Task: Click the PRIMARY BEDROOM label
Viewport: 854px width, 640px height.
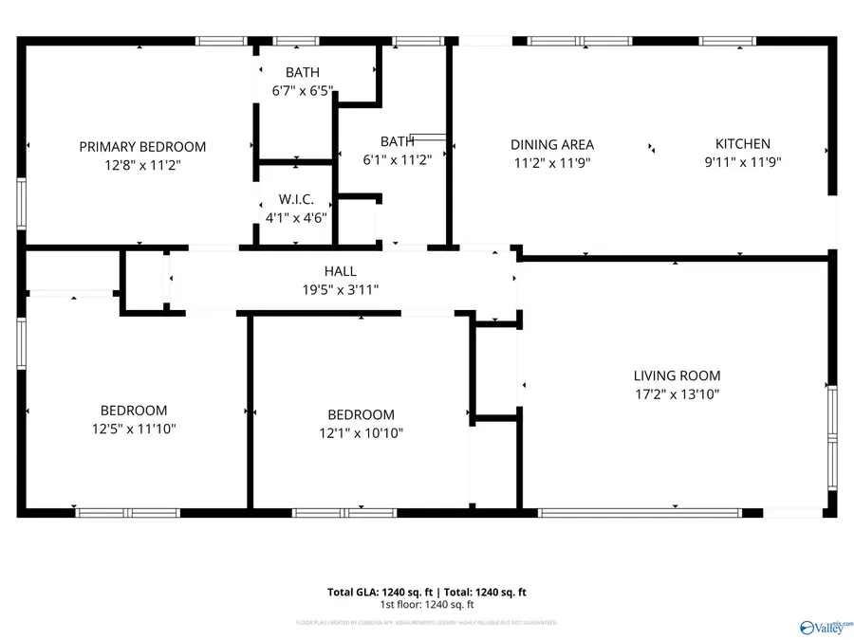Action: tap(142, 147)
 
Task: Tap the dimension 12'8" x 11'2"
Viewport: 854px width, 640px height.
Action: tap(142, 164)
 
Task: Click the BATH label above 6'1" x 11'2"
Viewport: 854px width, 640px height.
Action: tap(397, 141)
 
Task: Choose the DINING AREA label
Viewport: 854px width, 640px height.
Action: tap(552, 144)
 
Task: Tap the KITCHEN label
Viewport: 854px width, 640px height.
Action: tap(742, 144)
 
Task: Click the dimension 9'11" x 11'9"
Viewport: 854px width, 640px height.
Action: tap(742, 161)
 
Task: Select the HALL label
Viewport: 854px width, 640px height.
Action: tap(340, 271)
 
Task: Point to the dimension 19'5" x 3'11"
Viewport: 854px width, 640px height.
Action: tap(340, 289)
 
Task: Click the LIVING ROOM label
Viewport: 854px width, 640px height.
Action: tap(677, 375)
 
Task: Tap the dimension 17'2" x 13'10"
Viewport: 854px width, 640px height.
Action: tap(677, 393)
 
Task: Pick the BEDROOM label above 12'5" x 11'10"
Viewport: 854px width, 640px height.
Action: tap(134, 411)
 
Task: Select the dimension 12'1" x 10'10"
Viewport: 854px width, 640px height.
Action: tap(361, 432)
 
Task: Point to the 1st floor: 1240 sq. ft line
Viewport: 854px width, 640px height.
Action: tap(427, 605)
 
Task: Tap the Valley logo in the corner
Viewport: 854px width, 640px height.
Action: tap(825, 627)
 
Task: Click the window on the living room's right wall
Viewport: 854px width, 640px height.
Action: tap(832, 438)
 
